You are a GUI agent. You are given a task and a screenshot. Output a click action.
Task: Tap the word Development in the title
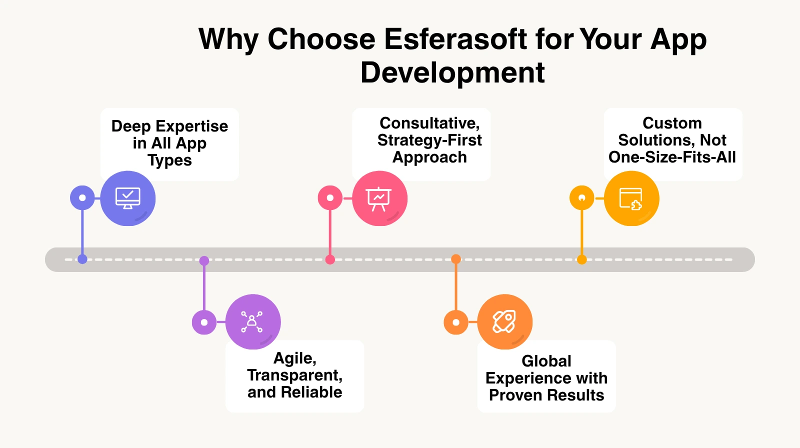[x=452, y=73]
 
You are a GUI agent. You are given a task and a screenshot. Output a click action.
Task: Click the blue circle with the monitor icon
[x=128, y=198]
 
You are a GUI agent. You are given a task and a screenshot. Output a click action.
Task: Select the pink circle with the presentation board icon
[x=379, y=198]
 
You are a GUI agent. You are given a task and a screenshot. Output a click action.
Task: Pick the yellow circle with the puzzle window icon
[x=631, y=198]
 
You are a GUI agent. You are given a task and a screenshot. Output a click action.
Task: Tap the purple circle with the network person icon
[x=253, y=321]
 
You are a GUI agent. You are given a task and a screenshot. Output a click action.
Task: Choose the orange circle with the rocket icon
[x=504, y=321]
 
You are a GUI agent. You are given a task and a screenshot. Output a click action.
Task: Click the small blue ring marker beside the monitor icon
[x=82, y=197]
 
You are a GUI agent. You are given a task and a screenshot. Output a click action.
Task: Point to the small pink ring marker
[x=330, y=197]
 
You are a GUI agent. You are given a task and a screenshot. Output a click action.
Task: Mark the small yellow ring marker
[x=582, y=197]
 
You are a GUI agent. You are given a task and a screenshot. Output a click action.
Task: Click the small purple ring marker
[x=204, y=322]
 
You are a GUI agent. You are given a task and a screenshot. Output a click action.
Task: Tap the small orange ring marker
[x=456, y=322]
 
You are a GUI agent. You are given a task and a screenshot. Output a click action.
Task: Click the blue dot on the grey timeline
[x=82, y=259]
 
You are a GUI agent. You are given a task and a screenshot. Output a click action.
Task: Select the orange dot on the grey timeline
[x=456, y=259]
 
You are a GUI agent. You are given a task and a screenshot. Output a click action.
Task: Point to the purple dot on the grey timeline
[x=204, y=261]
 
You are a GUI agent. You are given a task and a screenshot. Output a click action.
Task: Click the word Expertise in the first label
[x=192, y=127]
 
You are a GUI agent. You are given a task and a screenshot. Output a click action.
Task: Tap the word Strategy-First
[x=429, y=140]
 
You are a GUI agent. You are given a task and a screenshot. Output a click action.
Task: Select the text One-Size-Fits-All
[x=672, y=157]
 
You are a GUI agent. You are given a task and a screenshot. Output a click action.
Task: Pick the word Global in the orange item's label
[x=546, y=361]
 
